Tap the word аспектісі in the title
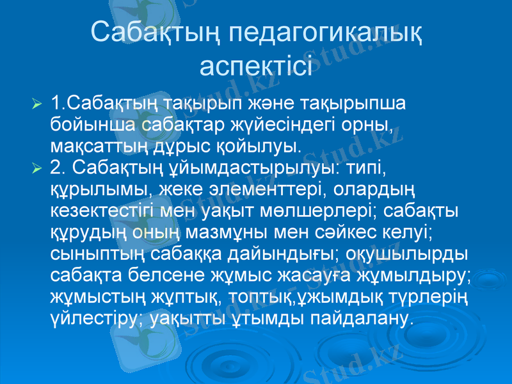256,65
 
